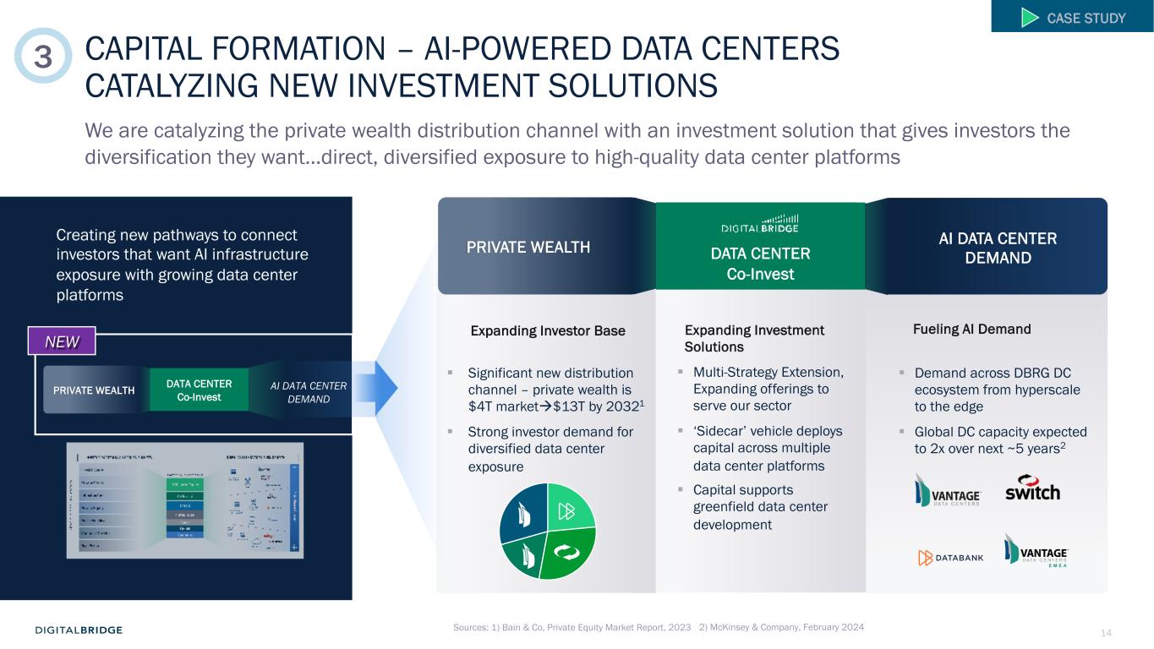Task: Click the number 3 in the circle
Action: click(x=43, y=56)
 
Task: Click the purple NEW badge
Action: click(x=62, y=341)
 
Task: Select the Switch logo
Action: click(x=1031, y=488)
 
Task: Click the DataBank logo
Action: click(x=951, y=558)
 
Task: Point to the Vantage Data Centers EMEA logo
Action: click(x=1036, y=550)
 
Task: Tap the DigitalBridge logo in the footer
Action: click(x=79, y=630)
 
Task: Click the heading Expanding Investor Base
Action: click(x=547, y=330)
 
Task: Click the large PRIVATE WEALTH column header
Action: click(x=528, y=248)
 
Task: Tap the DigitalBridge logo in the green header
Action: click(x=759, y=222)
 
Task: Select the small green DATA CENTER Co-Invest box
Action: click(x=200, y=390)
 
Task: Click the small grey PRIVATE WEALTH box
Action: click(x=94, y=390)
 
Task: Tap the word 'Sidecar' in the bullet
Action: click(x=720, y=431)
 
